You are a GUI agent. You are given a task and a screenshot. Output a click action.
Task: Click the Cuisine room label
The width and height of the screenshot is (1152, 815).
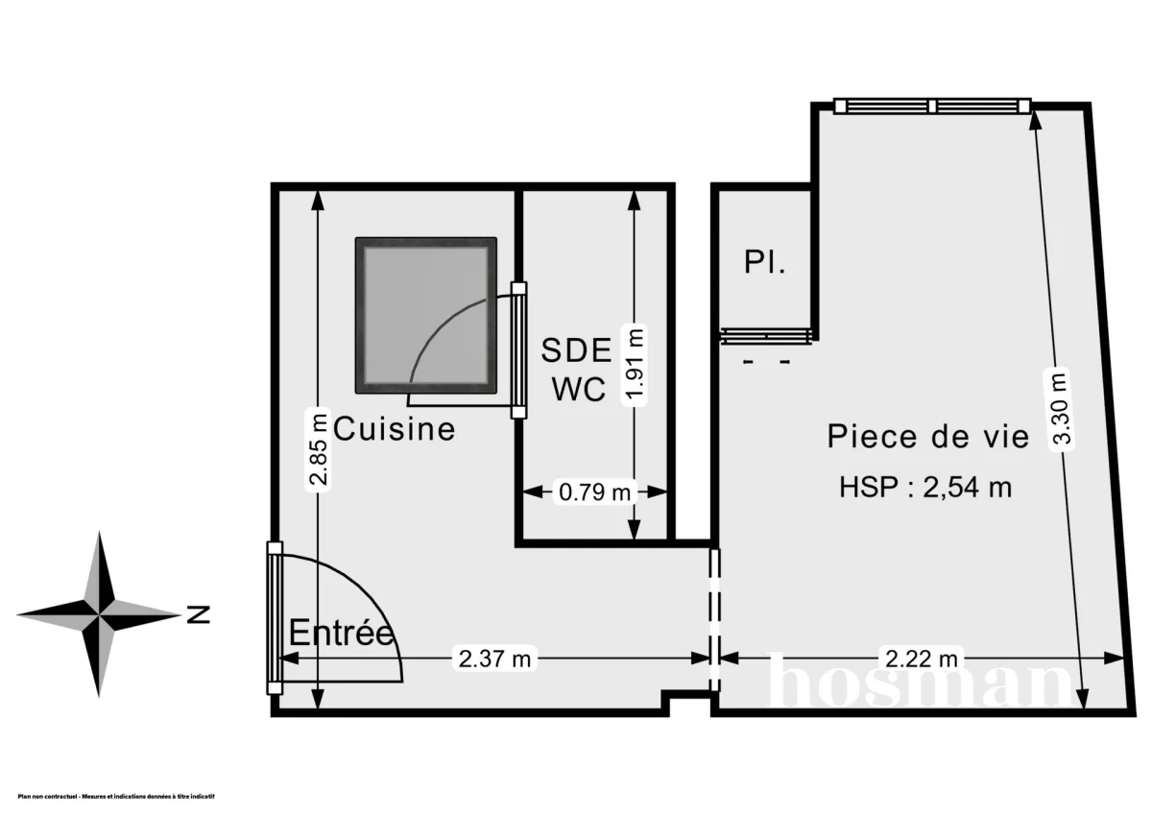(x=395, y=428)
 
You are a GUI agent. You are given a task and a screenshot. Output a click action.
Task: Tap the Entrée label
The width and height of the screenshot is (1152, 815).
(x=342, y=634)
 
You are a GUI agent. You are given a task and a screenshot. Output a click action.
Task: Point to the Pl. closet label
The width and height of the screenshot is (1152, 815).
(x=765, y=262)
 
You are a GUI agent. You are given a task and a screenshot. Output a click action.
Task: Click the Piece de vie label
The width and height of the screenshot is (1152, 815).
(x=928, y=437)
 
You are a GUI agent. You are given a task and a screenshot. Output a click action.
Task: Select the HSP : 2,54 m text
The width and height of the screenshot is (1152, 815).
(x=925, y=488)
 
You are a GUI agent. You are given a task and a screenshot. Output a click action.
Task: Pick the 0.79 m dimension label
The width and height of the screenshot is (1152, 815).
(x=595, y=492)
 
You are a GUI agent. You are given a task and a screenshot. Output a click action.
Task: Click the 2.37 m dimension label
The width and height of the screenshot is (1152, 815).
(x=495, y=659)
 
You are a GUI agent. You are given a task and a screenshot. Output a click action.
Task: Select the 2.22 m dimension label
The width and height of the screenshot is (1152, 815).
(x=921, y=659)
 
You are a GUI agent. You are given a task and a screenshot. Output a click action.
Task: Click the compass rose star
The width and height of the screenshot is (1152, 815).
(x=99, y=611)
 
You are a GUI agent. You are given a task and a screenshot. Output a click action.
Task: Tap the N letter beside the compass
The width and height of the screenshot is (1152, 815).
(x=199, y=613)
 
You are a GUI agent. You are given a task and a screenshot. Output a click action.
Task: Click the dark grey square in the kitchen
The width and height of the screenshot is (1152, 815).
(x=426, y=315)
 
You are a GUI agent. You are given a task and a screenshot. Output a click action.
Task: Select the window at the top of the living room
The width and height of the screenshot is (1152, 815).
(x=931, y=106)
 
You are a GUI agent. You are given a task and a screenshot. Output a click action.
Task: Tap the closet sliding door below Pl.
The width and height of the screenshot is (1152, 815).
(x=768, y=335)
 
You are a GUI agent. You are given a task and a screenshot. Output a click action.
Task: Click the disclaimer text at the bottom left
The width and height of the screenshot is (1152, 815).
(x=115, y=797)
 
